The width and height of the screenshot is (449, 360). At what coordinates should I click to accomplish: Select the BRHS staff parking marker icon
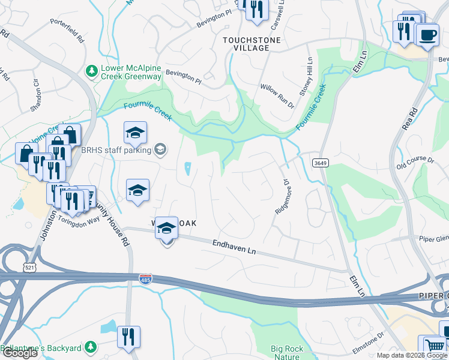[160, 149]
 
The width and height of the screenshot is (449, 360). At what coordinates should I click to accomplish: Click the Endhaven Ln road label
[234, 247]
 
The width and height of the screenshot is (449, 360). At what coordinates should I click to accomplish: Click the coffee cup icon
[427, 35]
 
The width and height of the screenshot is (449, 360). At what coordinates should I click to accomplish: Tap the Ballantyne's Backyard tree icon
[90, 347]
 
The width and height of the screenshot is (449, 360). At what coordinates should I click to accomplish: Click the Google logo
[19, 353]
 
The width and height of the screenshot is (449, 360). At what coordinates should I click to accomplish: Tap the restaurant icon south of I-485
[128, 336]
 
